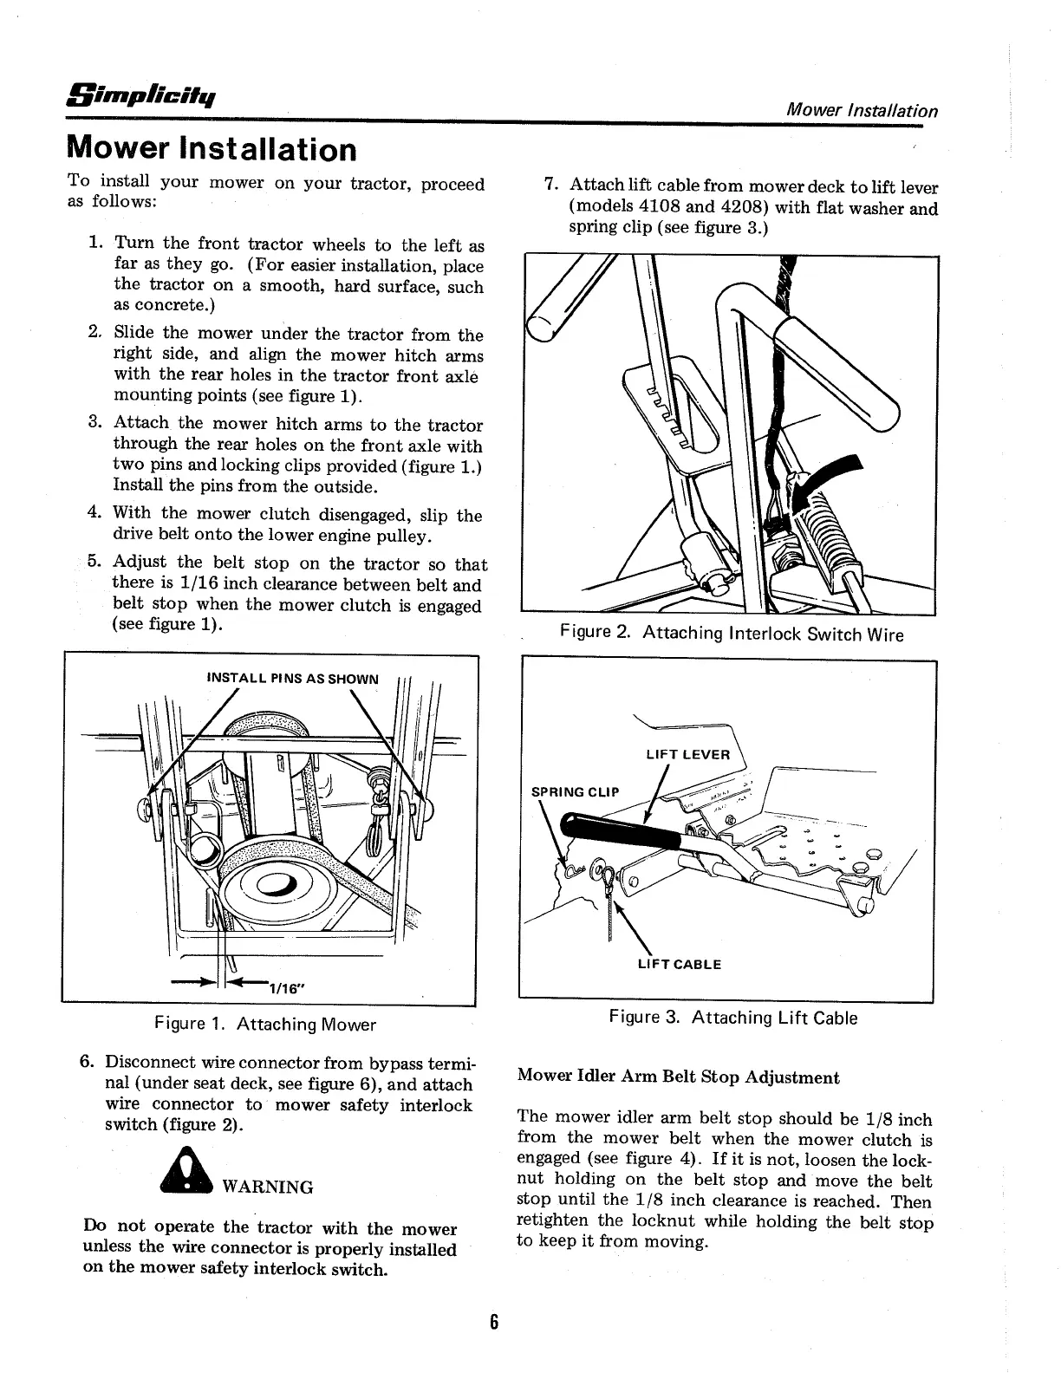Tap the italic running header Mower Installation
pos(860,111)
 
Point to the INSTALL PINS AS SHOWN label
pos(292,678)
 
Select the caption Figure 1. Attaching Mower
pos(264,1025)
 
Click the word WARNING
pos(268,1187)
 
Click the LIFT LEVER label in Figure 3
pos(688,754)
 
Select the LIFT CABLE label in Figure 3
pos(679,964)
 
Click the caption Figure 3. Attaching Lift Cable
pos(732,1018)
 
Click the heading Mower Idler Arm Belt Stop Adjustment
pos(678,1077)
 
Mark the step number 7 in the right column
pos(549,185)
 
